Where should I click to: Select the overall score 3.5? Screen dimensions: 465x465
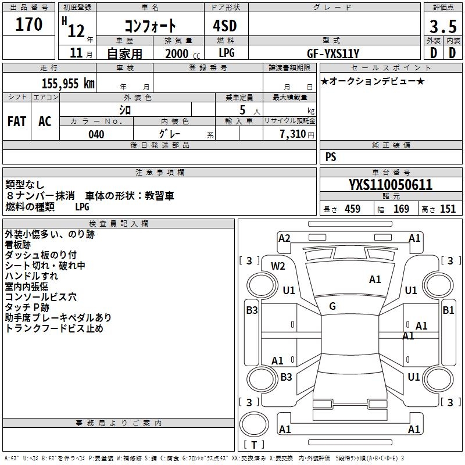tap(443, 27)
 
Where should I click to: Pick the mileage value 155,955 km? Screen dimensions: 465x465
tap(68, 84)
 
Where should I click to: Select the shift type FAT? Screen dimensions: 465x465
tap(17, 121)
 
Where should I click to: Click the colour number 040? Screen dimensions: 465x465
tap(96, 134)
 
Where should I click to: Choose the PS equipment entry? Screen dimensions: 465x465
tap(331, 157)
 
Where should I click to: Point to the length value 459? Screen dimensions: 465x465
tap(352, 209)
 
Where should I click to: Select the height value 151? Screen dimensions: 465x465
tap(448, 209)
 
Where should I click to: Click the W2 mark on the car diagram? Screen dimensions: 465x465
tap(278, 266)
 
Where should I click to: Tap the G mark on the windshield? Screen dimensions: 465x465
tap(332, 306)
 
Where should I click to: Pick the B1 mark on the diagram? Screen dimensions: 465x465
tap(448, 310)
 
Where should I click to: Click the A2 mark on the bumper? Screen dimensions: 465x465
tap(284, 238)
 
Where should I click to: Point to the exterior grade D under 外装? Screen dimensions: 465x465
tap(433, 53)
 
